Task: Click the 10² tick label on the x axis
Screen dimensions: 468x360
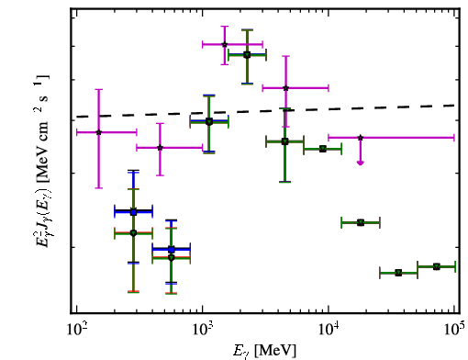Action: click(x=76, y=331)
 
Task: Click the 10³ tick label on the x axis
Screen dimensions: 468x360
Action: click(x=202, y=331)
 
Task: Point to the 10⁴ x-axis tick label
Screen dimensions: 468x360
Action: click(x=329, y=331)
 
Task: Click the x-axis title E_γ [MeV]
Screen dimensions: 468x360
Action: click(x=264, y=350)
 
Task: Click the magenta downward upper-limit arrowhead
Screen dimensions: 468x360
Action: click(x=361, y=163)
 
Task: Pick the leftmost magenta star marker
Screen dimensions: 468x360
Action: click(x=98, y=132)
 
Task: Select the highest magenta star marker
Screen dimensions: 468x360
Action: click(x=225, y=44)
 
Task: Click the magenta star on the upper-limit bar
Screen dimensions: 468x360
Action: click(x=361, y=138)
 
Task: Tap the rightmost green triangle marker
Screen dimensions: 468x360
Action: click(x=437, y=266)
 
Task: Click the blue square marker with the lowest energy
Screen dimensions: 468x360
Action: click(x=133, y=212)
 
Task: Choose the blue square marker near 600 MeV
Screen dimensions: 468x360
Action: click(x=172, y=250)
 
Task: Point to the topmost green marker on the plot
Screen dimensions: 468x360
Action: click(x=247, y=55)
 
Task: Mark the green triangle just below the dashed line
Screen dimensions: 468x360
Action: click(x=209, y=122)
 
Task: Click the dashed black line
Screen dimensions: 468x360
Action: click(x=265, y=111)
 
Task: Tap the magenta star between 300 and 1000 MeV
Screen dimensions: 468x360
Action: click(x=160, y=148)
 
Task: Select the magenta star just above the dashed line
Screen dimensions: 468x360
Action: click(x=285, y=88)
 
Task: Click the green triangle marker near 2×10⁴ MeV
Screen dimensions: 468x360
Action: click(x=361, y=222)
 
